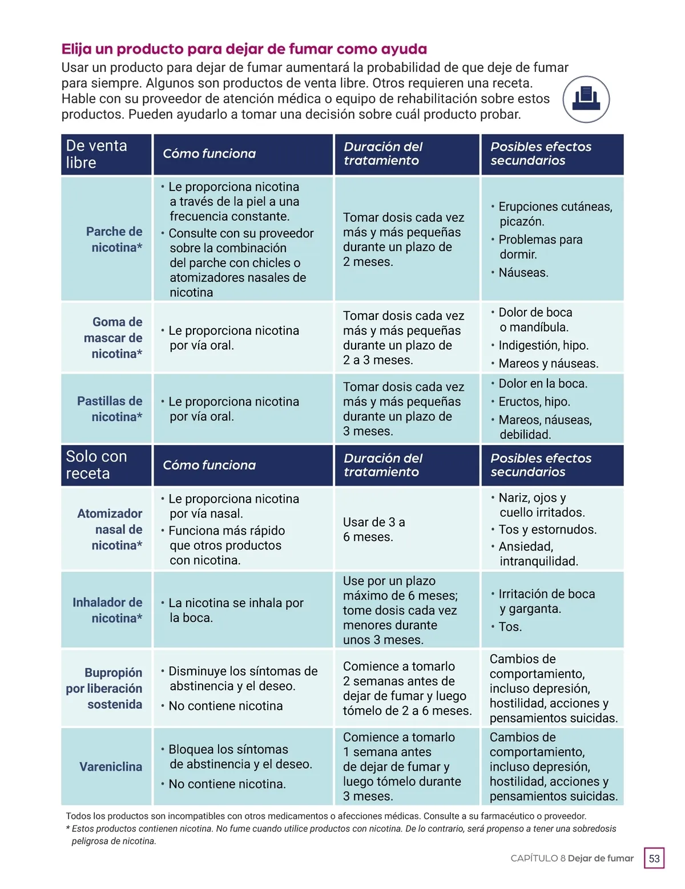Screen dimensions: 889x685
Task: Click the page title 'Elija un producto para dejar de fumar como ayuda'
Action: pos(244,49)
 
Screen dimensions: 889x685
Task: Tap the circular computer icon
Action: pos(586,99)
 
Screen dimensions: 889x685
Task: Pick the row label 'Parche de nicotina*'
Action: pos(114,239)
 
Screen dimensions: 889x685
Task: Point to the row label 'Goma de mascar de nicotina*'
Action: pos(113,338)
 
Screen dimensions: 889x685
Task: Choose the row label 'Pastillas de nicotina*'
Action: pos(110,409)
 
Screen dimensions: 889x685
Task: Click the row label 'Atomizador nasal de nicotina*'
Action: pos(110,529)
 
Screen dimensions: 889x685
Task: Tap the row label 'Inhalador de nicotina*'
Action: pos(107,610)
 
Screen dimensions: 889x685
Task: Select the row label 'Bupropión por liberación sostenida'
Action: pos(104,688)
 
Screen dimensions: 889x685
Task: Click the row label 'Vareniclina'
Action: pos(111,766)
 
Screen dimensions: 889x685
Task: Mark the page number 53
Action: pos(654,858)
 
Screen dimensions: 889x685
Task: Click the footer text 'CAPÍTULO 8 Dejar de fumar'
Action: pos(572,858)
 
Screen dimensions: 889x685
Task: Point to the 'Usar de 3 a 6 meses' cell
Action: pos(374,530)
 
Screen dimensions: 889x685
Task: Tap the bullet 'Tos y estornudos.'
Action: pos(547,530)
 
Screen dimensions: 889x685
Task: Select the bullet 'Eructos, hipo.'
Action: pos(534,402)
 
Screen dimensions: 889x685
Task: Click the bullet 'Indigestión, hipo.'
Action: pos(543,345)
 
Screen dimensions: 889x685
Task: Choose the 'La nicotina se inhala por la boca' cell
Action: pos(236,610)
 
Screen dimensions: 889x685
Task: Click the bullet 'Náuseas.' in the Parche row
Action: pos(523,273)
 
